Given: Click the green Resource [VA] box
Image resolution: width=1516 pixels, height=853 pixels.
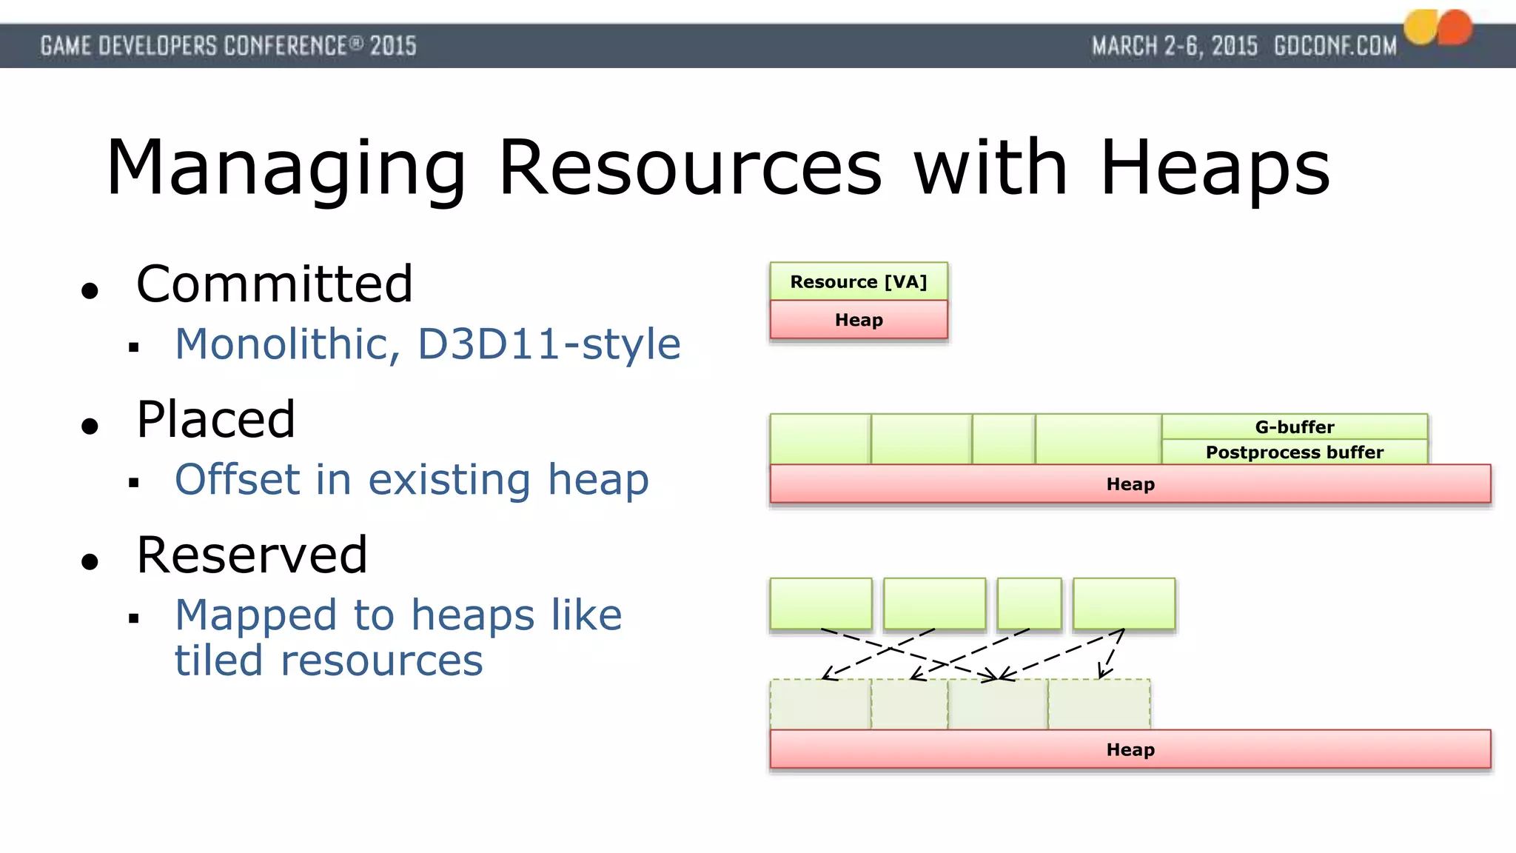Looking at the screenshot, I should [859, 281].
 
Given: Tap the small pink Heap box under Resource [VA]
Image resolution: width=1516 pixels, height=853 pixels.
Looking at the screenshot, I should [859, 320].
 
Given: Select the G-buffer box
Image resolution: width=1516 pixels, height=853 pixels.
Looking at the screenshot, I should [1294, 426].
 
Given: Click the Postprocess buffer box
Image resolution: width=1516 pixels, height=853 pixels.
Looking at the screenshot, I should [1294, 452].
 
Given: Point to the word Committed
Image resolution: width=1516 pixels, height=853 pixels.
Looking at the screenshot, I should [274, 284].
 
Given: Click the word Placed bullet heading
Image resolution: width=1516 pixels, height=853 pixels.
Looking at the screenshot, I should [215, 419].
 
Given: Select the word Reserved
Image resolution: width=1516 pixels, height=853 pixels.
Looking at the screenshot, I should [252, 555].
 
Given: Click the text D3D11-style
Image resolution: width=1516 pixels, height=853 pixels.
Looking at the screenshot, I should [549, 344].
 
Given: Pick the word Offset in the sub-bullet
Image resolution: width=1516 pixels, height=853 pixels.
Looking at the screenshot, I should [237, 479].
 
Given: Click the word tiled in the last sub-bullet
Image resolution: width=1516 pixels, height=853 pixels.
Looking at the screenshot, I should [218, 660].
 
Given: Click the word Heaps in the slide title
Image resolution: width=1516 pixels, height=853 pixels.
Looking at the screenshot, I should [1215, 169].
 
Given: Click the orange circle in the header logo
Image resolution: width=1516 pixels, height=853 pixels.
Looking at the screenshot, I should [1455, 28].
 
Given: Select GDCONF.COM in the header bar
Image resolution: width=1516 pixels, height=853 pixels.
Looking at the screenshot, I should [1335, 46].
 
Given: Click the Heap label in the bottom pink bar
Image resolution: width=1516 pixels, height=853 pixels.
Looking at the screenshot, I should [1130, 749].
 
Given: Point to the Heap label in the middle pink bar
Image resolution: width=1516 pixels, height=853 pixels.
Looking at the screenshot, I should [1130, 484].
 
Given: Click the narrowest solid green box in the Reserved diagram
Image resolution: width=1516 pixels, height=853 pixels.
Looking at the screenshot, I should [1029, 603].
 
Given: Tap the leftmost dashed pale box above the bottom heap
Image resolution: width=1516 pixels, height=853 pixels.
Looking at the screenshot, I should [820, 704].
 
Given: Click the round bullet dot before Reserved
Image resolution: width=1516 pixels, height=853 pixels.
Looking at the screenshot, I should [90, 562].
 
